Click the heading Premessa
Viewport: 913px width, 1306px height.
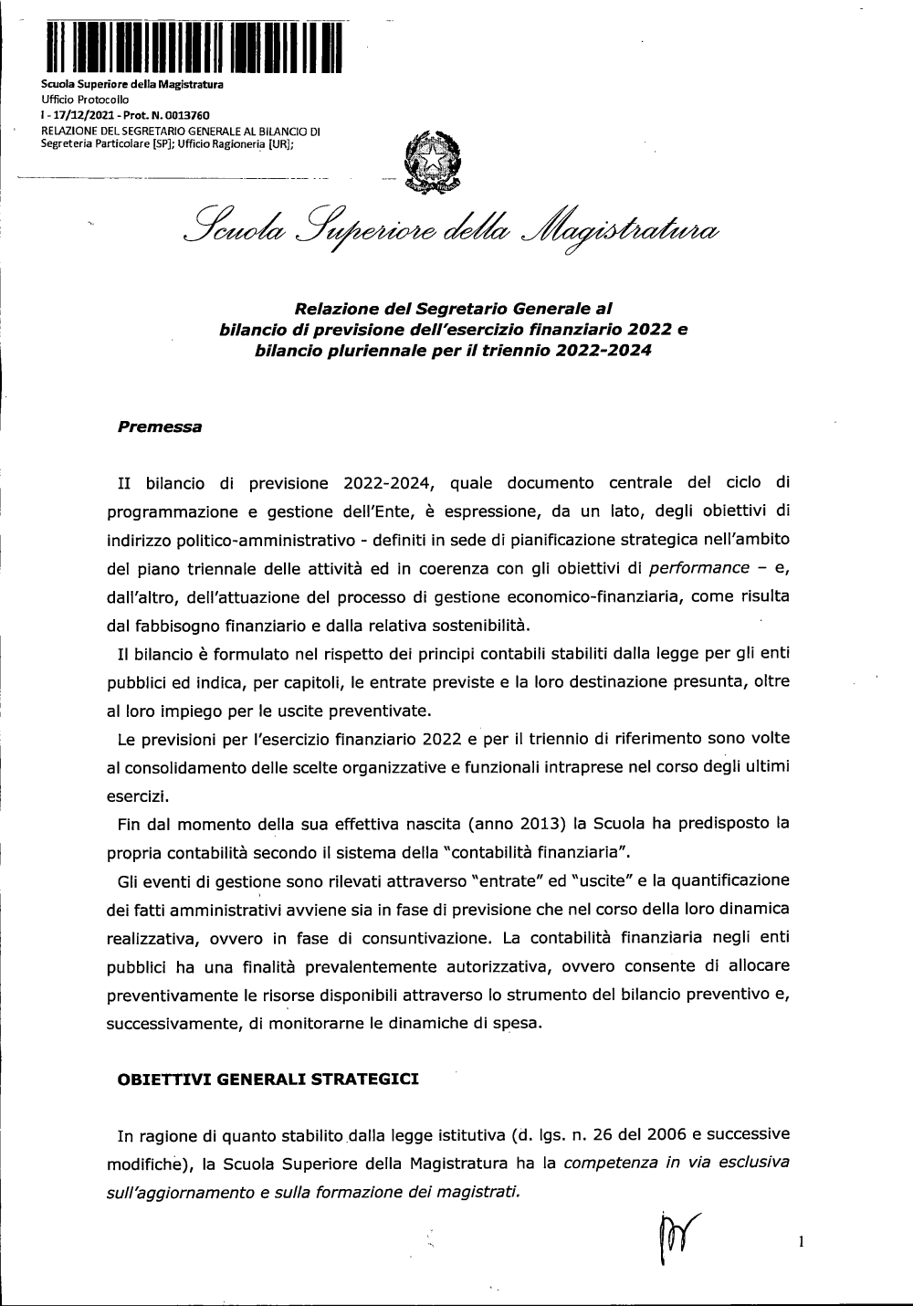tap(160, 427)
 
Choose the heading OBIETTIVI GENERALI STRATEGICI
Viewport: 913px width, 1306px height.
tap(268, 1080)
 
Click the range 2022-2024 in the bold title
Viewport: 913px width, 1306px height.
tap(603, 351)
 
